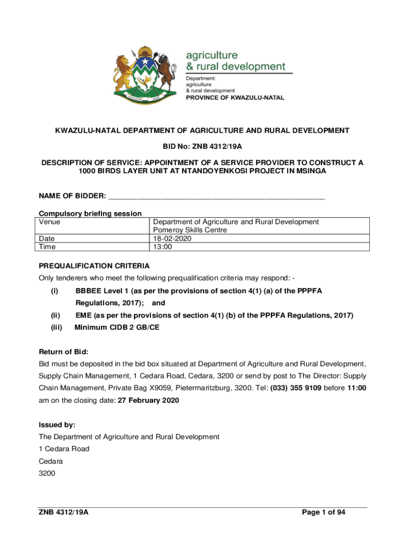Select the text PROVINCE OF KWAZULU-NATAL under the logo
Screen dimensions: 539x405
[235, 97]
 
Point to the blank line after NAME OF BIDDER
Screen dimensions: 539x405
[216, 197]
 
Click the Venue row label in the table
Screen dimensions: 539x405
[49, 222]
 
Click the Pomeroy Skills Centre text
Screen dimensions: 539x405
[190, 230]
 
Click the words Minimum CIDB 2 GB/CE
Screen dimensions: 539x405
[117, 327]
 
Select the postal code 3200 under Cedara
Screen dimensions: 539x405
[47, 473]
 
